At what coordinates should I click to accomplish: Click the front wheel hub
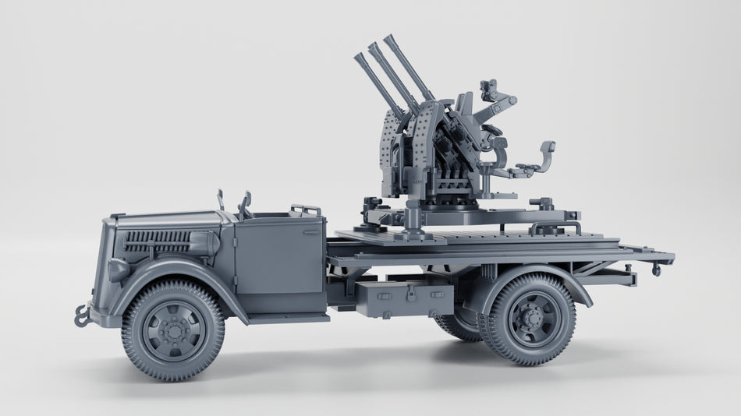pos(173,330)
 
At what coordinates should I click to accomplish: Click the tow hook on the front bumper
pos(82,316)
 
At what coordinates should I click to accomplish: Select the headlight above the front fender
pos(118,270)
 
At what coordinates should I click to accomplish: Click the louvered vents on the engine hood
pos(156,237)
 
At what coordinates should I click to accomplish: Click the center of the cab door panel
pos(279,253)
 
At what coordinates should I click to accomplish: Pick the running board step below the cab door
pos(289,317)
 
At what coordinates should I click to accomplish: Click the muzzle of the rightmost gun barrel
pos(388,38)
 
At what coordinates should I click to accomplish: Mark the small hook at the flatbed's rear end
pos(657,270)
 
